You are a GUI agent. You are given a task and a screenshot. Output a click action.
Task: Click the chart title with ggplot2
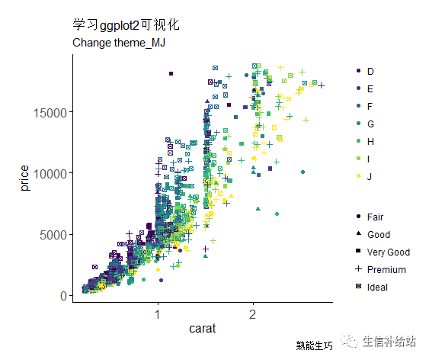126,26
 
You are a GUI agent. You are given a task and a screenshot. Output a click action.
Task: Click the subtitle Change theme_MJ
119,43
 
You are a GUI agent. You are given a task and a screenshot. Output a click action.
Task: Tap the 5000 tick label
56,234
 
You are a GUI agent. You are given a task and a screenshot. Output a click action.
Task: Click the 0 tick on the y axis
65,296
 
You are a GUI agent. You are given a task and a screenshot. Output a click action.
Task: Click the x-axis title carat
203,329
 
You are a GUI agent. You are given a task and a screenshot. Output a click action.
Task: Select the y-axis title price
25,183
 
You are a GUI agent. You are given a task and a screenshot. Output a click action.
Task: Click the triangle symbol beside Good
358,234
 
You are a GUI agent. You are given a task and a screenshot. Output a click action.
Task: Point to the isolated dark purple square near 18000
171,74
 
